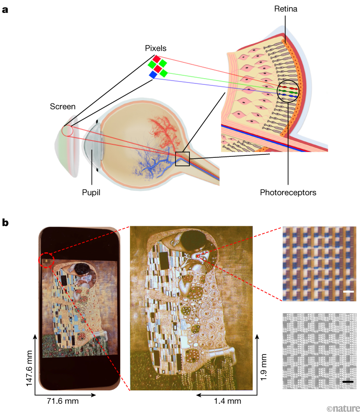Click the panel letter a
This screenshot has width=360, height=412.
[x=6, y=9]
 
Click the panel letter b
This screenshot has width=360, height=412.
[x=6, y=223]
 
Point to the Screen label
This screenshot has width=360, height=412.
[x=62, y=106]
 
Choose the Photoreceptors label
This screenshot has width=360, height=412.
[x=288, y=193]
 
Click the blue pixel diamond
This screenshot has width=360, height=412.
[x=153, y=74]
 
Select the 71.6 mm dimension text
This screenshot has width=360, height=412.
[x=63, y=400]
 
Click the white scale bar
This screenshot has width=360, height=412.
[x=348, y=291]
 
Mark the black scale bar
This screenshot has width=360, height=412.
[x=348, y=382]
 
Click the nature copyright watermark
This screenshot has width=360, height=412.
[x=342, y=407]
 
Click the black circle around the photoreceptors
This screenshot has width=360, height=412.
[x=288, y=90]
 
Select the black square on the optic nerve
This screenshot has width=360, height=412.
[x=182, y=159]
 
